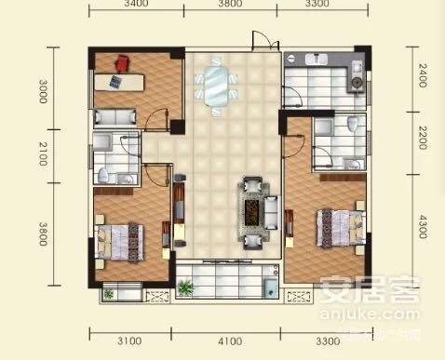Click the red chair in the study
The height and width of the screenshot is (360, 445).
tap(122, 62)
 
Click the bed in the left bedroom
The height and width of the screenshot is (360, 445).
tap(122, 236)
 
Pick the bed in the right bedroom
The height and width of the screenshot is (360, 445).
tap(338, 226)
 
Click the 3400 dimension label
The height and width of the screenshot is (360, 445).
tap(136, 5)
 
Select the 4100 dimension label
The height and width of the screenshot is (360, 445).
tap(229, 340)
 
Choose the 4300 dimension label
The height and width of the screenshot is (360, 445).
tap(423, 225)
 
